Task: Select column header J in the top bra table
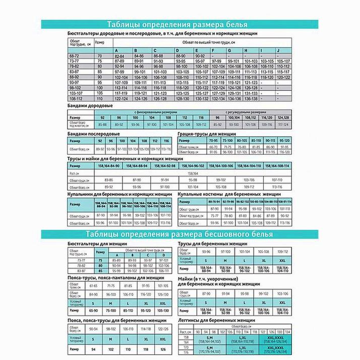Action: click(278, 51)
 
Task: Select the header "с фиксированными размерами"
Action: click(150, 112)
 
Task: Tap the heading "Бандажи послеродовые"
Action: click(93, 134)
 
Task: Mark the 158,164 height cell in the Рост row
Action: click(193, 172)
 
